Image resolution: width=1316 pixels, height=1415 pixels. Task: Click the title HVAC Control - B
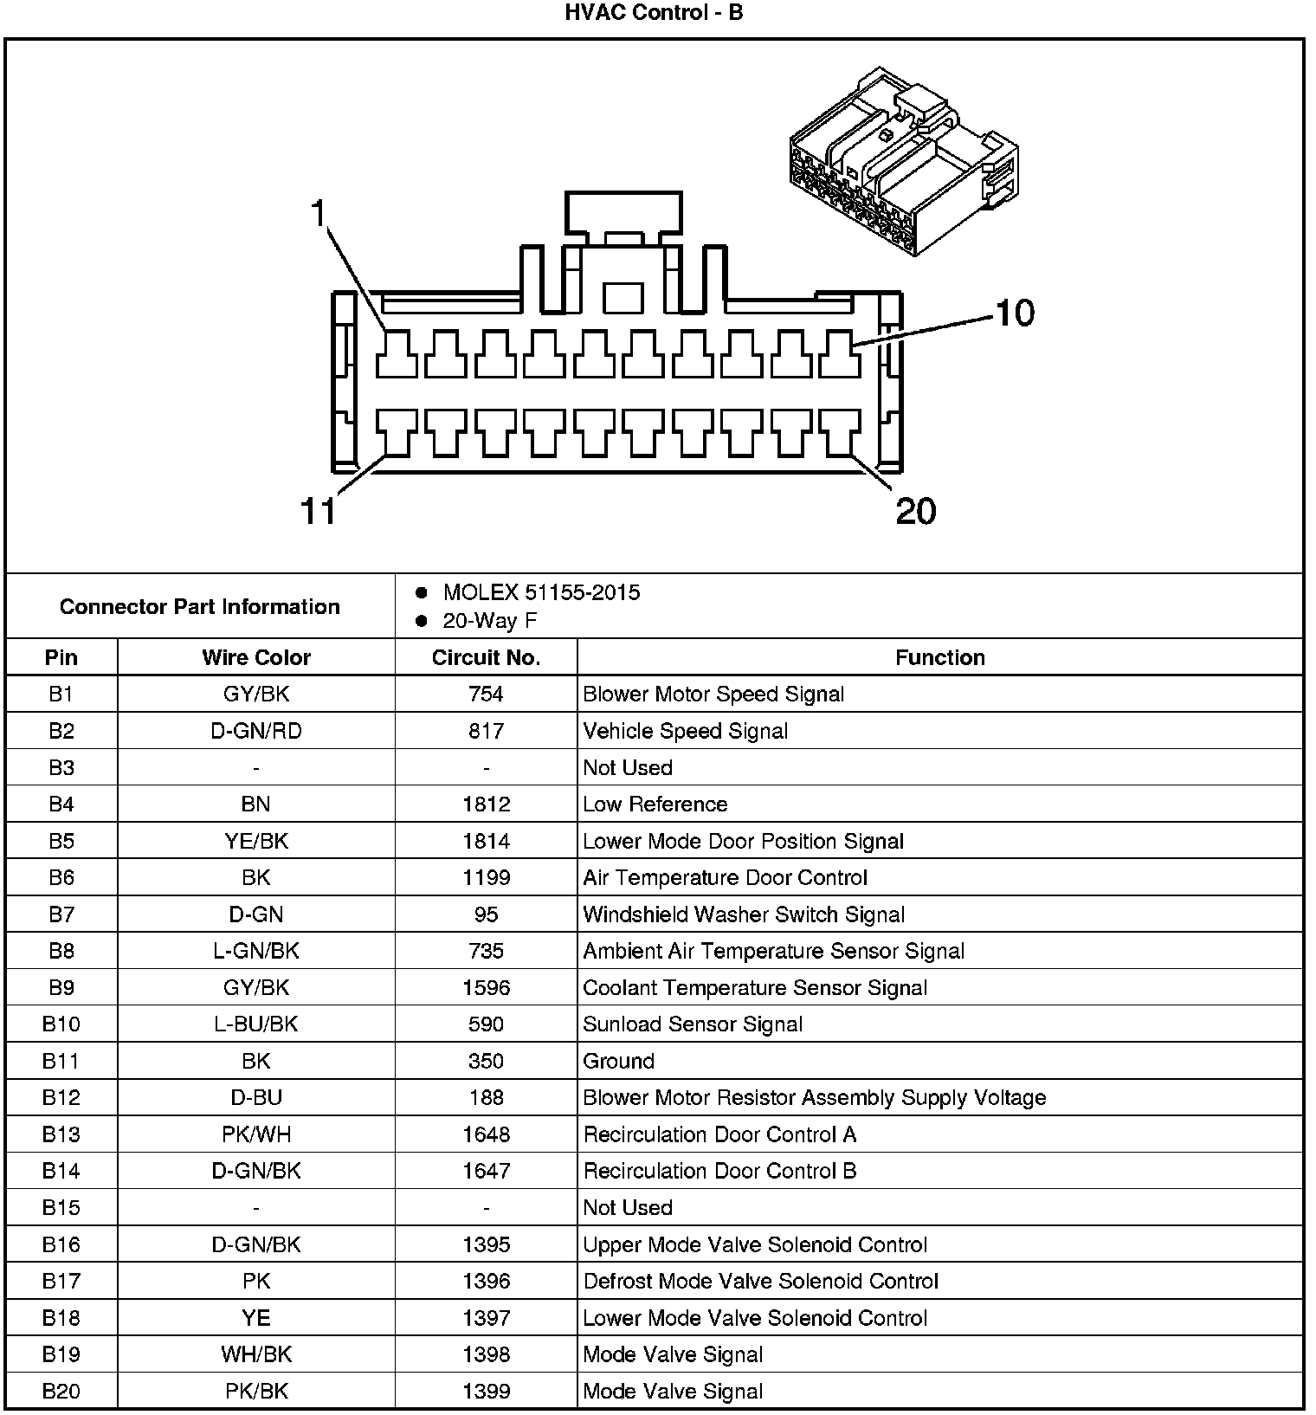pos(654,13)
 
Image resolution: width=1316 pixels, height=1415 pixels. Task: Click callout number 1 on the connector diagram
pos(319,212)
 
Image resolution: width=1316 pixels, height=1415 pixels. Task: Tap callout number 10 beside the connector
pos(1015,313)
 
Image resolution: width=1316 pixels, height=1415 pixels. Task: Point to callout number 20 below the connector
pos(915,511)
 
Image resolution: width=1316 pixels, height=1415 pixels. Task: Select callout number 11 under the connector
pos(318,511)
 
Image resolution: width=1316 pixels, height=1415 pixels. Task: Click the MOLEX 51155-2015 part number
pos(541,593)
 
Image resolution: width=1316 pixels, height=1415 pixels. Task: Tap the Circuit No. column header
pos(486,658)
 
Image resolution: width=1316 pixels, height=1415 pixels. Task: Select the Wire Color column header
pos(256,658)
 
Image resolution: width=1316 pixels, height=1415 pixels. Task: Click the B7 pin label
pos(61,914)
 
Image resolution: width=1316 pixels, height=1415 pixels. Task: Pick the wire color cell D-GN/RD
pos(256,731)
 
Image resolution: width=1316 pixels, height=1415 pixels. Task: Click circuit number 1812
pos(486,804)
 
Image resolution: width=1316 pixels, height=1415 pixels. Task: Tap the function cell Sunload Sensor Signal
pos(693,1024)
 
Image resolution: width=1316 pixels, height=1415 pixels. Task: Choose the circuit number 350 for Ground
pos(486,1061)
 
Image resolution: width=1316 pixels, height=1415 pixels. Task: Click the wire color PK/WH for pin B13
pos(256,1134)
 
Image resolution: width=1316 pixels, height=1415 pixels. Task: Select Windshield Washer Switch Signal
pos(744,914)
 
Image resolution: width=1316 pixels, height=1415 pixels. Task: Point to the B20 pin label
pos(61,1392)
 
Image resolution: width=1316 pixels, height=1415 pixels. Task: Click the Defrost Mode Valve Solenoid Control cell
pos(761,1282)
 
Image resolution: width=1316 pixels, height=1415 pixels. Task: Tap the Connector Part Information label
pos(200,607)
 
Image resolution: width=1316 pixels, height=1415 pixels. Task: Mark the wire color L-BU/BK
pos(256,1024)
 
